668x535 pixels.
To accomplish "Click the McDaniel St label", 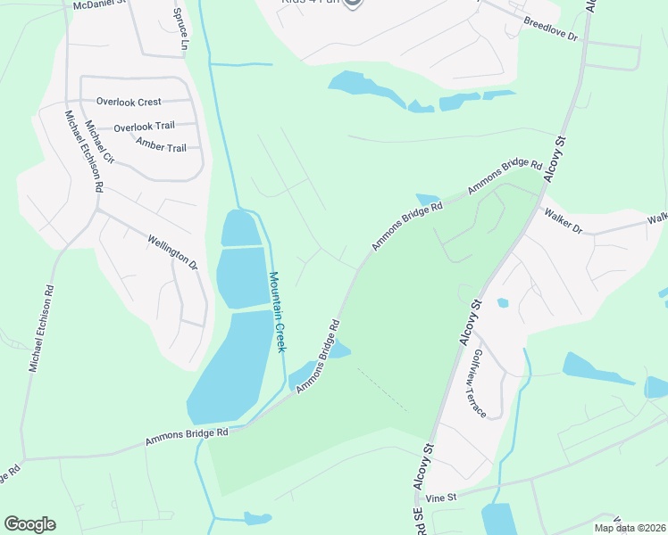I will click(x=100, y=4).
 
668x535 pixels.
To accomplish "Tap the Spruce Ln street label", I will click(x=181, y=29).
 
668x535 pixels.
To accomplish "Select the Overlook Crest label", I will click(x=129, y=102).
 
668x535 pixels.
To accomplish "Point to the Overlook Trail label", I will click(x=144, y=127).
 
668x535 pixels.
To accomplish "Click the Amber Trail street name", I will click(x=161, y=145).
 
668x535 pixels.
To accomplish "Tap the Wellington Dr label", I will click(x=173, y=251).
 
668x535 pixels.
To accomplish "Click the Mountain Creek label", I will click(x=279, y=311).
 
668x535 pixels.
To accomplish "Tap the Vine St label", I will click(x=441, y=497).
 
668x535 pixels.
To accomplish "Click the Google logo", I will click(x=29, y=524).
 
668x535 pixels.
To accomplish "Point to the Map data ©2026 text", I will click(x=630, y=528).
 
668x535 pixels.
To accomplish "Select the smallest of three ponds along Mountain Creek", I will click(x=241, y=228).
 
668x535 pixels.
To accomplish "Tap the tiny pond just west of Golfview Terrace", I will click(x=503, y=303).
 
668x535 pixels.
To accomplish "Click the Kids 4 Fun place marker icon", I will click(x=353, y=4).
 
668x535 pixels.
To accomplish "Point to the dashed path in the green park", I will click(x=382, y=390).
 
